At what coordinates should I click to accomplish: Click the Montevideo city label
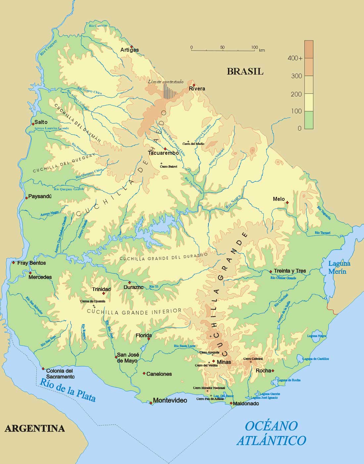[x=170, y=400]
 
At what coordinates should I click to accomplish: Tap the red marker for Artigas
[x=132, y=46]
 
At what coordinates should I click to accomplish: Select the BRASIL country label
[x=245, y=71]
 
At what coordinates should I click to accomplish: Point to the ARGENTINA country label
[x=34, y=428]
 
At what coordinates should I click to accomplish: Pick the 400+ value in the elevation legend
[x=295, y=58]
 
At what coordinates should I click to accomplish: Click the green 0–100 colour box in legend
[x=309, y=120]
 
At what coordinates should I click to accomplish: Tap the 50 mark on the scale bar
[x=222, y=47]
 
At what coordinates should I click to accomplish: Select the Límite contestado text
[x=165, y=82]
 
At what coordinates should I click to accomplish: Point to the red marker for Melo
[x=287, y=203]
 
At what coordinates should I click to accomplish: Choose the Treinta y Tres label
[x=290, y=271]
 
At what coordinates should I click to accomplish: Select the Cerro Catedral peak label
[x=253, y=359]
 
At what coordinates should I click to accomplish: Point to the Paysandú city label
[x=40, y=196]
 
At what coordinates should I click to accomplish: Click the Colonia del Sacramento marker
[x=43, y=369]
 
